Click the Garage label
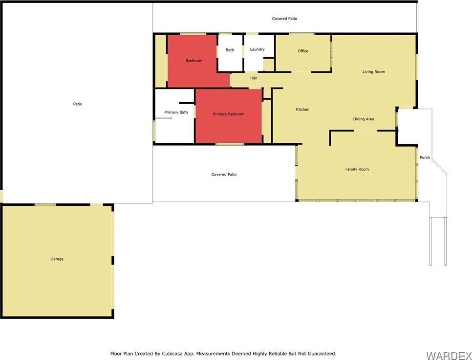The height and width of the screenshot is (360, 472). (x=57, y=259)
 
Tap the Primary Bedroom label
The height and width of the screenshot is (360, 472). (x=229, y=114)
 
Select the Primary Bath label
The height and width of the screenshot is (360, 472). (x=176, y=112)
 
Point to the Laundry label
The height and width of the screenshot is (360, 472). (x=257, y=49)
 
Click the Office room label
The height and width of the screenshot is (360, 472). (x=303, y=51)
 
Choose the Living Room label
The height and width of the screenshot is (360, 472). (x=374, y=72)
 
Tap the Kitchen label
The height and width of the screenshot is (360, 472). (x=302, y=110)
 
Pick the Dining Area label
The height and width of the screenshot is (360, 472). (x=364, y=119)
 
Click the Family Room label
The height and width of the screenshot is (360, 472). (x=357, y=169)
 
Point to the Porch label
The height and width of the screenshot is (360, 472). (x=425, y=157)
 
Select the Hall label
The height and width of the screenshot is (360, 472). (x=254, y=78)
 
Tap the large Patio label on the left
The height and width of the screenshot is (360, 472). (x=77, y=104)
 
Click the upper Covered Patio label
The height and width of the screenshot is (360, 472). (x=284, y=19)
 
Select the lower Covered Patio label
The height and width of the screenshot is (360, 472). (x=224, y=175)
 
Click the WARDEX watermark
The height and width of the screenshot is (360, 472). (x=449, y=355)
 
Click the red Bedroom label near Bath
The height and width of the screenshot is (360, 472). (x=194, y=61)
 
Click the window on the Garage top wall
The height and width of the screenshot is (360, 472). (x=45, y=205)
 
